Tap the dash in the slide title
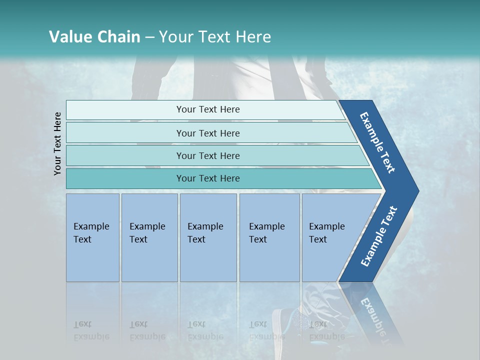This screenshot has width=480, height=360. click(149, 37)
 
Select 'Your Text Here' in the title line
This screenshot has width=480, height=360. click(215, 37)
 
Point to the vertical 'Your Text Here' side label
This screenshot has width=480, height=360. click(57, 143)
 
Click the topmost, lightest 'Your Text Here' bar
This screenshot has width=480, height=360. click(207, 109)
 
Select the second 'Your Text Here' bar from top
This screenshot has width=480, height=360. click(207, 133)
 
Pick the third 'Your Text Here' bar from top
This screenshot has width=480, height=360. click(207, 155)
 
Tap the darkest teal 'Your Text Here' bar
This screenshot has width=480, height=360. click(207, 178)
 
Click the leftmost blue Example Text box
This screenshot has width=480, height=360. click(92, 237)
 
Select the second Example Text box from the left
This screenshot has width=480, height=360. click(149, 237)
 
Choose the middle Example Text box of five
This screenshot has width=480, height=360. click(208, 237)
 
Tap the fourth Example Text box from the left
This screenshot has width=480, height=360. click(269, 237)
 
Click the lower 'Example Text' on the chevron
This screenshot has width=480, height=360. click(378, 236)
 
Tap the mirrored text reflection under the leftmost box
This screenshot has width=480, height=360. click(91, 330)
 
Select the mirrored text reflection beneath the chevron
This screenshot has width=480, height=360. click(375, 315)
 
